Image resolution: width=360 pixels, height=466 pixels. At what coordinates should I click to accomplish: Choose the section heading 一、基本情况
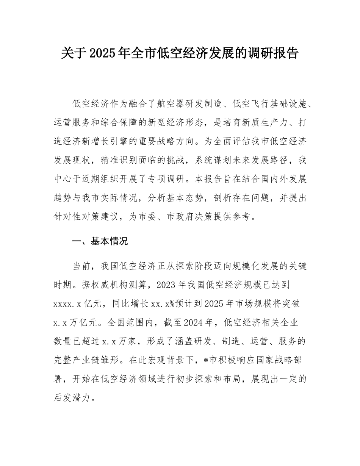[x=100, y=241]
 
